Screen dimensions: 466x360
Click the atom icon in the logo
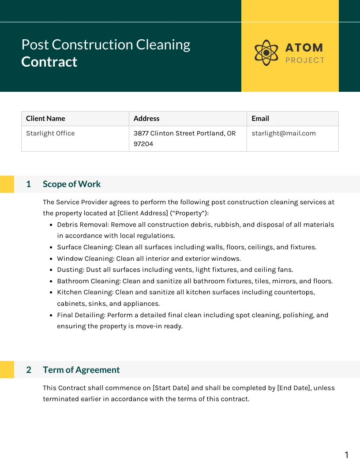[x=266, y=53]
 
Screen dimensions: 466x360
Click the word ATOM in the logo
[x=304, y=48]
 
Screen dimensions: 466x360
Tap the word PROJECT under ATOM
[x=305, y=60]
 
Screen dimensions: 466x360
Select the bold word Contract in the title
[x=49, y=62]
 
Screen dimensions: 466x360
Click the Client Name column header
[x=45, y=118]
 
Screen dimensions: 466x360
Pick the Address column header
[x=146, y=118]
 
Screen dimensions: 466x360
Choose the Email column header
[x=260, y=118]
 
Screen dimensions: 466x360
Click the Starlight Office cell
[x=50, y=133]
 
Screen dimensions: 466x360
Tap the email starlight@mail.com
[x=284, y=133]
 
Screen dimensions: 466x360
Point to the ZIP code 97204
[x=143, y=144]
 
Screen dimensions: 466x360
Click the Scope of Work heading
[x=71, y=184]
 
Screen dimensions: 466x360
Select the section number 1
[x=29, y=184]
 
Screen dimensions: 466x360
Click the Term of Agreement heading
[x=81, y=370]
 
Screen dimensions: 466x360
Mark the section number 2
[x=29, y=370]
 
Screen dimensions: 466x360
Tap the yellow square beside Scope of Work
[x=7, y=184]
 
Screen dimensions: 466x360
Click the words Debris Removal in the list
[x=82, y=225]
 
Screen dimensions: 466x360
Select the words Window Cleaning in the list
[x=85, y=259]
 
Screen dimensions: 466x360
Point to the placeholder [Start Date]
[x=171, y=388]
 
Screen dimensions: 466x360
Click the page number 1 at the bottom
[x=346, y=455]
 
